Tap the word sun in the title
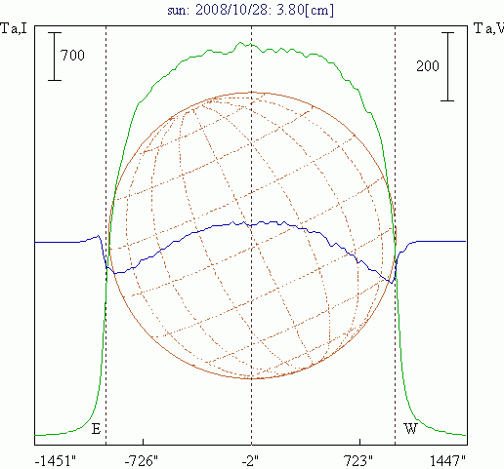click(178, 11)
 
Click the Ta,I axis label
click(14, 28)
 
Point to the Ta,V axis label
click(488, 28)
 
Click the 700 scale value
click(72, 56)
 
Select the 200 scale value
click(428, 66)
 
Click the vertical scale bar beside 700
click(55, 57)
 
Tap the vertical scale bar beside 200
click(447, 66)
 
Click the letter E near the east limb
click(96, 429)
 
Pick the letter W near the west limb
click(410, 429)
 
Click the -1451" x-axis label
click(56, 460)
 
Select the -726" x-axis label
click(142, 460)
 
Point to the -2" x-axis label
click(250, 460)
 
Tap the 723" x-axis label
click(358, 460)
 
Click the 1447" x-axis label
click(448, 460)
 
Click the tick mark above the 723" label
click(359, 442)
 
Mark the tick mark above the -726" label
click(143, 442)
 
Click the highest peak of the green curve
click(240, 42)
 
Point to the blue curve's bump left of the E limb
click(98, 236)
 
